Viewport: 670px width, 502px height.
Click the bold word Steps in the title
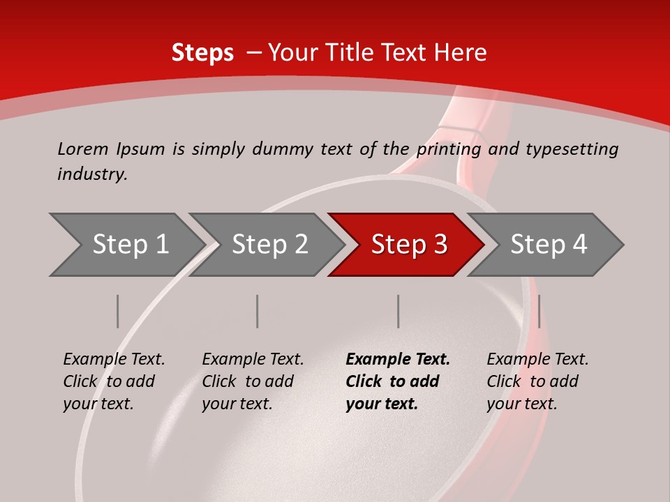tap(202, 53)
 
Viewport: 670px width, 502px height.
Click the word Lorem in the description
tap(82, 149)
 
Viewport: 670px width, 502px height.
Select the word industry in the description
tap(91, 174)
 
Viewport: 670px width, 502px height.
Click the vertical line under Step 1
tap(118, 311)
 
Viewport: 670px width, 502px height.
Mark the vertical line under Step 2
tap(258, 311)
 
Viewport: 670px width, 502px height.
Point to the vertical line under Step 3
tap(399, 311)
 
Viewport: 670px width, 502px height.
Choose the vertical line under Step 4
tap(539, 311)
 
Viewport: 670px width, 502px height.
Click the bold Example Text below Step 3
tap(398, 360)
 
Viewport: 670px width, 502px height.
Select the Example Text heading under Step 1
tap(114, 360)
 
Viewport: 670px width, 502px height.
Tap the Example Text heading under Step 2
tap(253, 360)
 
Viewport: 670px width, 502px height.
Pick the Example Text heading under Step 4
tap(537, 360)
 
